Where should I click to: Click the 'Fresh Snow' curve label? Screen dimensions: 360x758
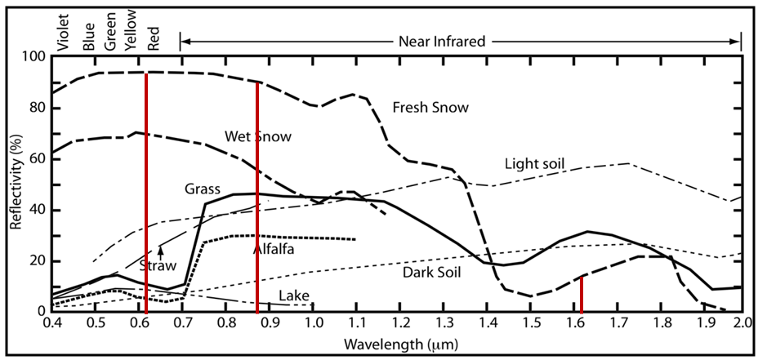click(430, 108)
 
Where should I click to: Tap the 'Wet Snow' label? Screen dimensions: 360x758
click(257, 136)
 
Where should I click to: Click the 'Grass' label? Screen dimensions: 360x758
click(202, 189)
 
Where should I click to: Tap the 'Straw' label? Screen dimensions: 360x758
click(158, 265)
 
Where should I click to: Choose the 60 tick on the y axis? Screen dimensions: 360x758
click(37, 158)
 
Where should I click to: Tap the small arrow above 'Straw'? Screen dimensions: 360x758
click(161, 251)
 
